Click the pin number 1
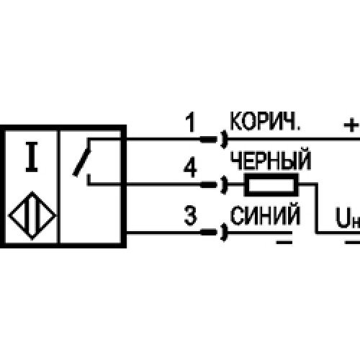coord(191,122)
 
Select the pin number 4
coord(190,167)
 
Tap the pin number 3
coord(190,215)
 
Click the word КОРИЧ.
coord(265,121)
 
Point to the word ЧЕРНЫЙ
coord(271,160)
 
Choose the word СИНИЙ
coord(265,215)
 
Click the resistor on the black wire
coord(271,184)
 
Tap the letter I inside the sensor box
coord(32,157)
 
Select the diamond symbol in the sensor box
coord(32,215)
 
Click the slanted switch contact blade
coord(82,163)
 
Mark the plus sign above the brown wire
coord(351,125)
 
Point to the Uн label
coord(348,218)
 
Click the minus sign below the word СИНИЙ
coord(284,243)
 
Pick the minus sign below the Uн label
coord(352,243)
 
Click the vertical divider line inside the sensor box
coord(58,187)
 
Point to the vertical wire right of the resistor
coord(317,208)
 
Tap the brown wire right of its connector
coord(294,139)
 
